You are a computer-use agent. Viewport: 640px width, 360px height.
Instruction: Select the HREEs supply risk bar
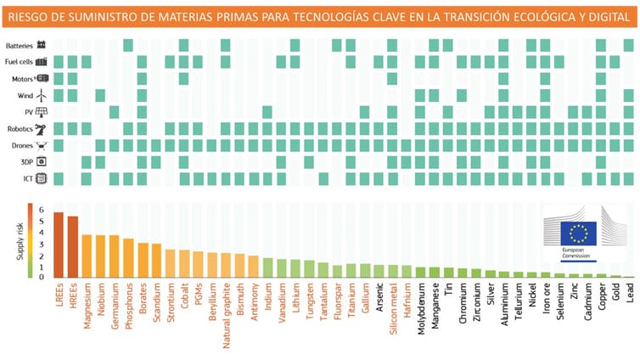coord(73,247)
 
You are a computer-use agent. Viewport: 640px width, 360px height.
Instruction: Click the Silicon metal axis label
coord(393,311)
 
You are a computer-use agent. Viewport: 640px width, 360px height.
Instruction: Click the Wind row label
coord(24,95)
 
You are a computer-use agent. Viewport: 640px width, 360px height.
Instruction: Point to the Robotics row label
coord(20,128)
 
